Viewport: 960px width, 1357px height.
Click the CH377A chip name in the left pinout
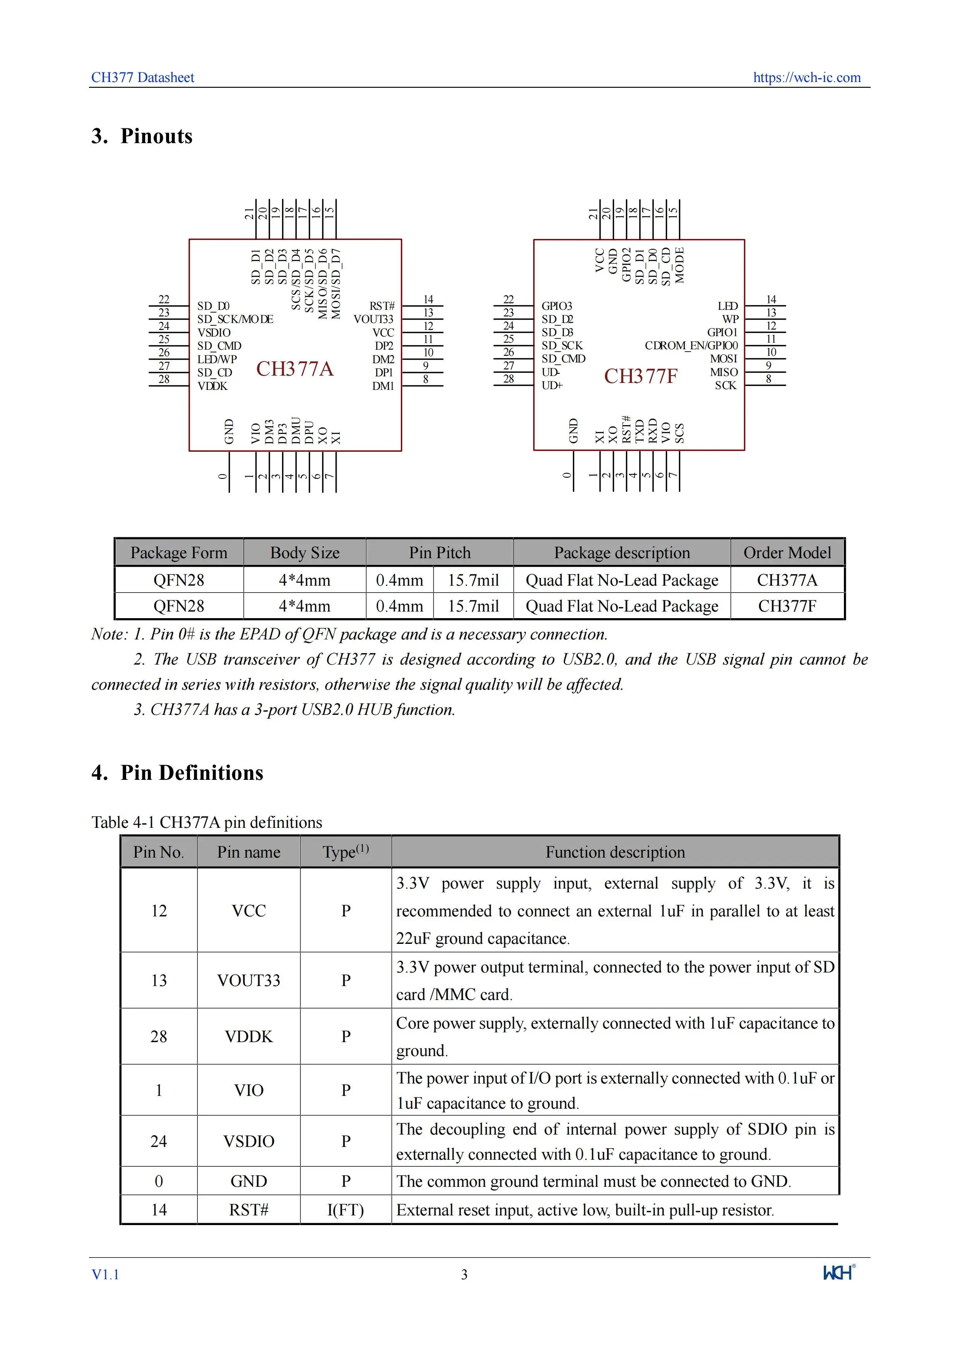[294, 369]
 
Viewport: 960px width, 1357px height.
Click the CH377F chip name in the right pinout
[640, 376]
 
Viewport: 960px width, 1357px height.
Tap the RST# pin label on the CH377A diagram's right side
[382, 306]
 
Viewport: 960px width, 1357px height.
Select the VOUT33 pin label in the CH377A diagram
[374, 319]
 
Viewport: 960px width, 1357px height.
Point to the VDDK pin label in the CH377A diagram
[212, 386]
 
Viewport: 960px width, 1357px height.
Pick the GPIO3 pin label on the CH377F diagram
[557, 306]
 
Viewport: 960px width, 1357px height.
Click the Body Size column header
[305, 553]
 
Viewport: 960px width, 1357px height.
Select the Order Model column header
[787, 553]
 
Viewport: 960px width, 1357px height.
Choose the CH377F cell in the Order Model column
[787, 606]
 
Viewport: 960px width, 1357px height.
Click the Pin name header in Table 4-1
[248, 852]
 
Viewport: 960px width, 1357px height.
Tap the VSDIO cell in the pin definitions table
[248, 1141]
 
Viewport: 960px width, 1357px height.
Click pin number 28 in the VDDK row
[158, 1036]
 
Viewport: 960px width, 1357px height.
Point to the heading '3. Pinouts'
[142, 136]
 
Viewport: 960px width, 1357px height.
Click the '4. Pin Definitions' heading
[177, 772]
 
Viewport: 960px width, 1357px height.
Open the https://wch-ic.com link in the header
[806, 77]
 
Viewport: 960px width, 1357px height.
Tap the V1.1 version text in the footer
[105, 1274]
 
